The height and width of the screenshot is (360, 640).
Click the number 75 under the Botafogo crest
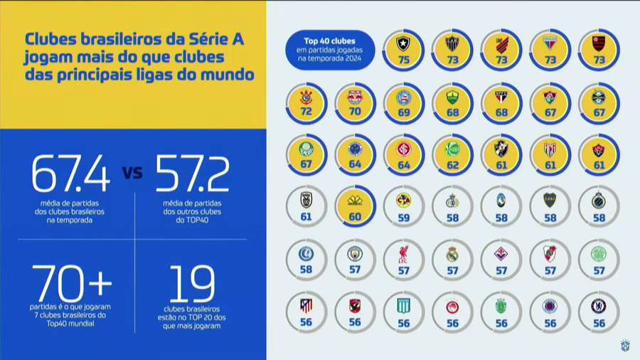click(x=404, y=60)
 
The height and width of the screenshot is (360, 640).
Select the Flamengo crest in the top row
click(x=598, y=45)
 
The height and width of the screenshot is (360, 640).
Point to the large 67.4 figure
click(x=70, y=174)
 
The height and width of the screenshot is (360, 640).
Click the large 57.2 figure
click(x=192, y=174)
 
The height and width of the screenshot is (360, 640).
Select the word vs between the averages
click(x=132, y=174)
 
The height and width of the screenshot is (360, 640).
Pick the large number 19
click(x=191, y=284)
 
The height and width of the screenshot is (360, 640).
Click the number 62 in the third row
click(x=452, y=165)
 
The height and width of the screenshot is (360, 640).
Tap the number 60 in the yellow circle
click(x=355, y=218)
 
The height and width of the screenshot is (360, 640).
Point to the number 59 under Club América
click(x=403, y=218)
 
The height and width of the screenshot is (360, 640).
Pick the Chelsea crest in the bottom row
click(x=598, y=306)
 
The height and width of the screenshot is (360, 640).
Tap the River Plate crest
click(x=550, y=253)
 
